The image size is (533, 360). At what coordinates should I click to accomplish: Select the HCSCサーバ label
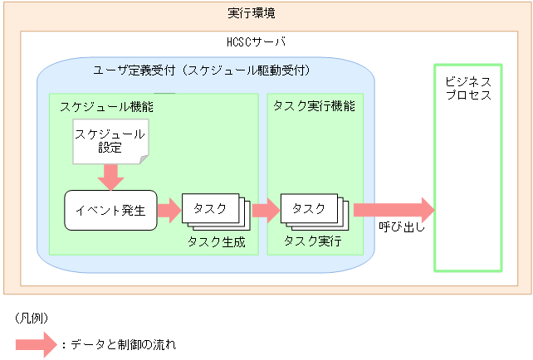pos(257,41)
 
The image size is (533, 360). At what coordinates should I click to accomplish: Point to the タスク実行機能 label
pos(313,106)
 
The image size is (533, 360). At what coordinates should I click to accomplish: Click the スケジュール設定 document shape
pos(110,141)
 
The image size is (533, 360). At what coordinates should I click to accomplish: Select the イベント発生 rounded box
pos(110,211)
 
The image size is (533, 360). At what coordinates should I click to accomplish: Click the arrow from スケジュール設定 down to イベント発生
pos(110,176)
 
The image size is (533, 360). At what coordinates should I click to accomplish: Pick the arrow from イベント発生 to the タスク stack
pos(169,211)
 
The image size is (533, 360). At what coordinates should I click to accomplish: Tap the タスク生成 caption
pos(217,242)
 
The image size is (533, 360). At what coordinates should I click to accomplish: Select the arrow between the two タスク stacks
pos(266,211)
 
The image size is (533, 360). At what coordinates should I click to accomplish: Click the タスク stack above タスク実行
pos(312,212)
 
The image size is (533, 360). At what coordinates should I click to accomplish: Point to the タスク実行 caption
pos(312,242)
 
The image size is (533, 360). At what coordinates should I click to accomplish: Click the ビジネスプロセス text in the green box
pos(468,88)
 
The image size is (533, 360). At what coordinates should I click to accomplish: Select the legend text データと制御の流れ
pos(121,344)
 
